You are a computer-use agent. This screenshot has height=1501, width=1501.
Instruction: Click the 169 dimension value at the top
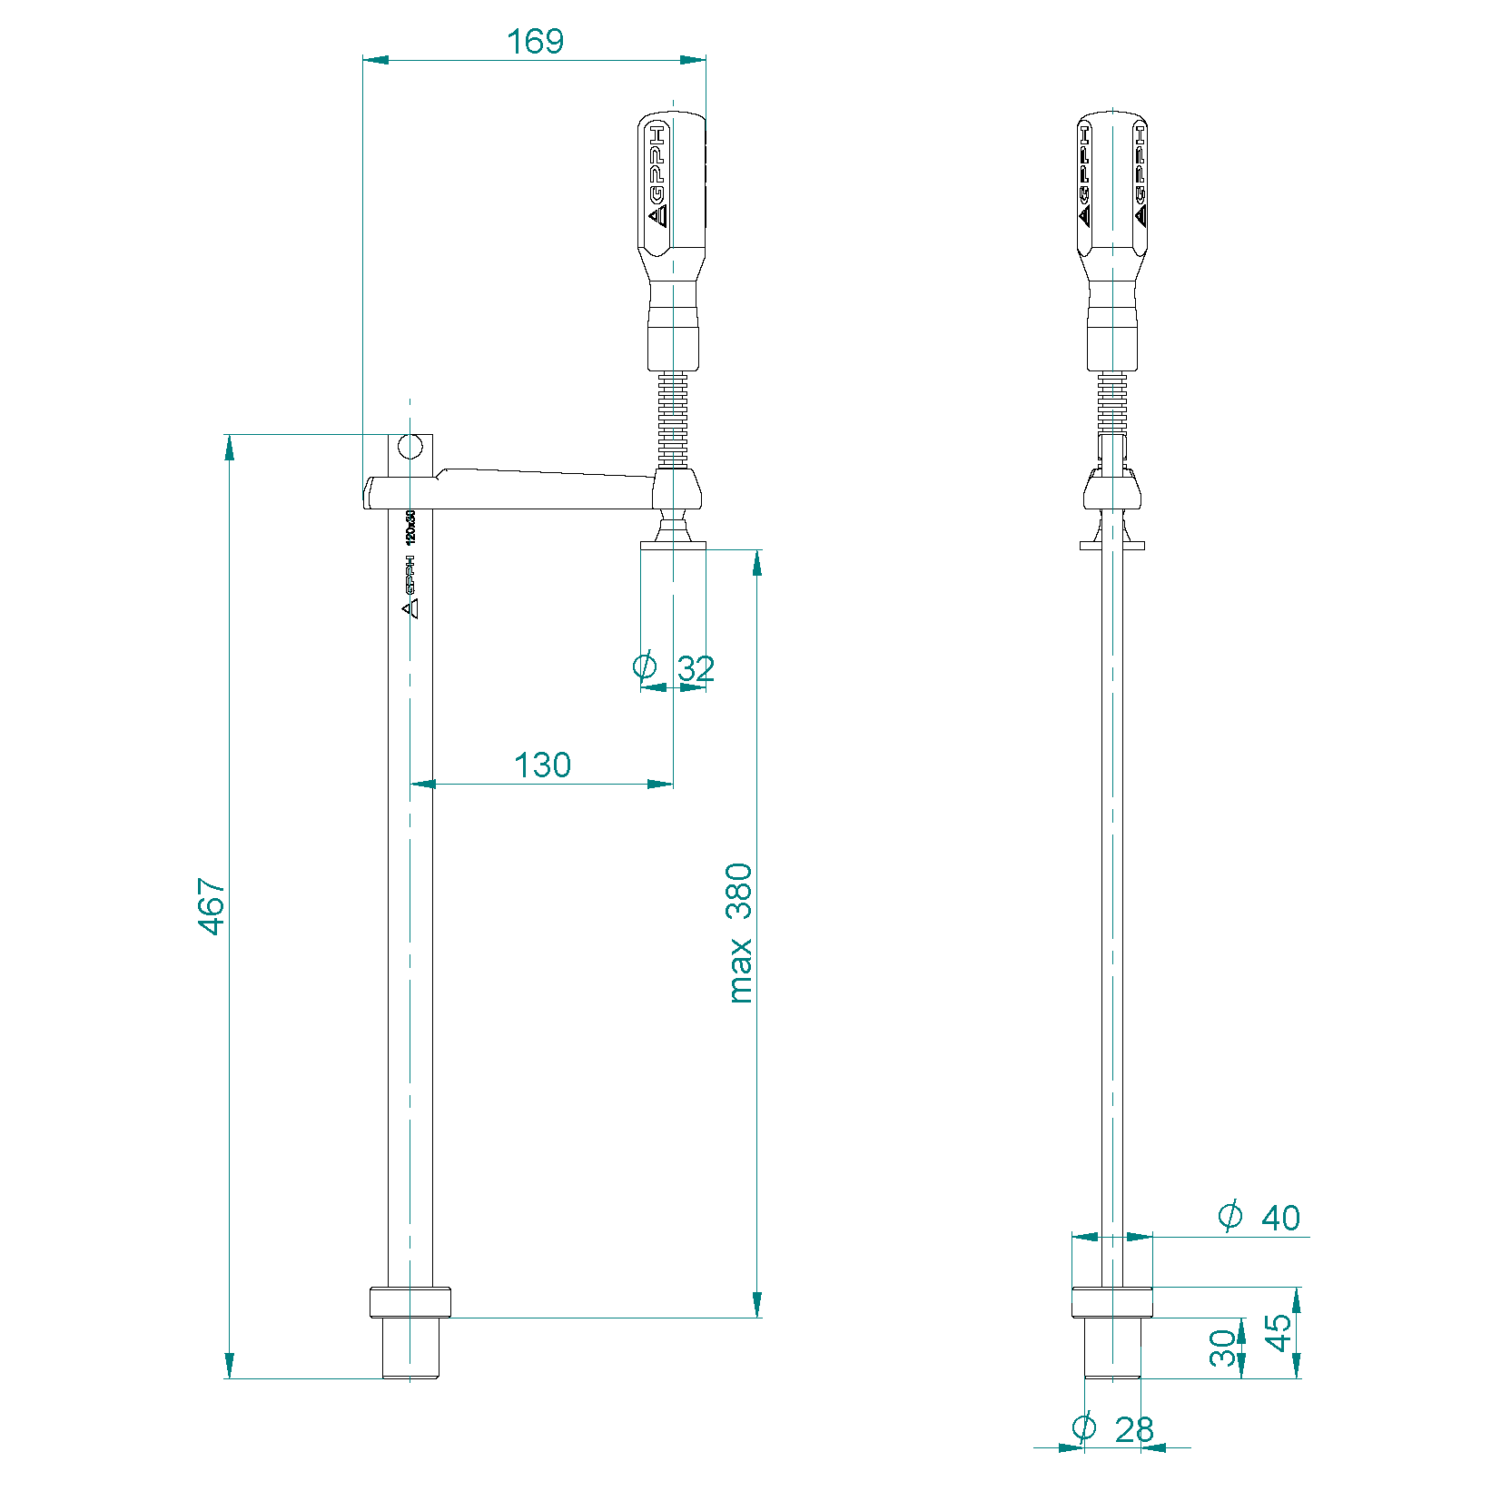click(535, 42)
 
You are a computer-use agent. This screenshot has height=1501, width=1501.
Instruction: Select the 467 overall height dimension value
click(212, 905)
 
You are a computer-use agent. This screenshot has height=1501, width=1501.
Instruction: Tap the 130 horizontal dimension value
click(542, 765)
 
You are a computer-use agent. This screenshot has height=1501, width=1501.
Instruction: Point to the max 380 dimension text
click(740, 933)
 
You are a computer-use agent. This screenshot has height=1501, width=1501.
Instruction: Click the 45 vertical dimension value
click(1278, 1332)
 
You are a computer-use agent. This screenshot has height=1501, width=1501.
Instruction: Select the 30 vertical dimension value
click(1223, 1348)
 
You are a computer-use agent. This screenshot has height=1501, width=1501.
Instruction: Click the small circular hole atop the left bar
click(410, 446)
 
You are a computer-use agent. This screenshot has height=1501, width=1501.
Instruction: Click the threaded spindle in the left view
click(672, 418)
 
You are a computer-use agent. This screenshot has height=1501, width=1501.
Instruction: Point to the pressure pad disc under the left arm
click(673, 545)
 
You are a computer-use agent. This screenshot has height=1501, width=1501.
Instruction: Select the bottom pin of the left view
click(410, 1348)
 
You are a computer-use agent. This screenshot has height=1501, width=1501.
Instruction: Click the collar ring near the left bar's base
click(410, 1302)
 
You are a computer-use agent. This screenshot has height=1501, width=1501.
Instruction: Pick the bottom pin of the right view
click(1112, 1348)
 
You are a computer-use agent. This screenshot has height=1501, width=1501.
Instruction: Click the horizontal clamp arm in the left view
click(527, 490)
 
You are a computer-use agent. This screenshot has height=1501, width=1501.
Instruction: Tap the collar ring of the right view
click(1112, 1302)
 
